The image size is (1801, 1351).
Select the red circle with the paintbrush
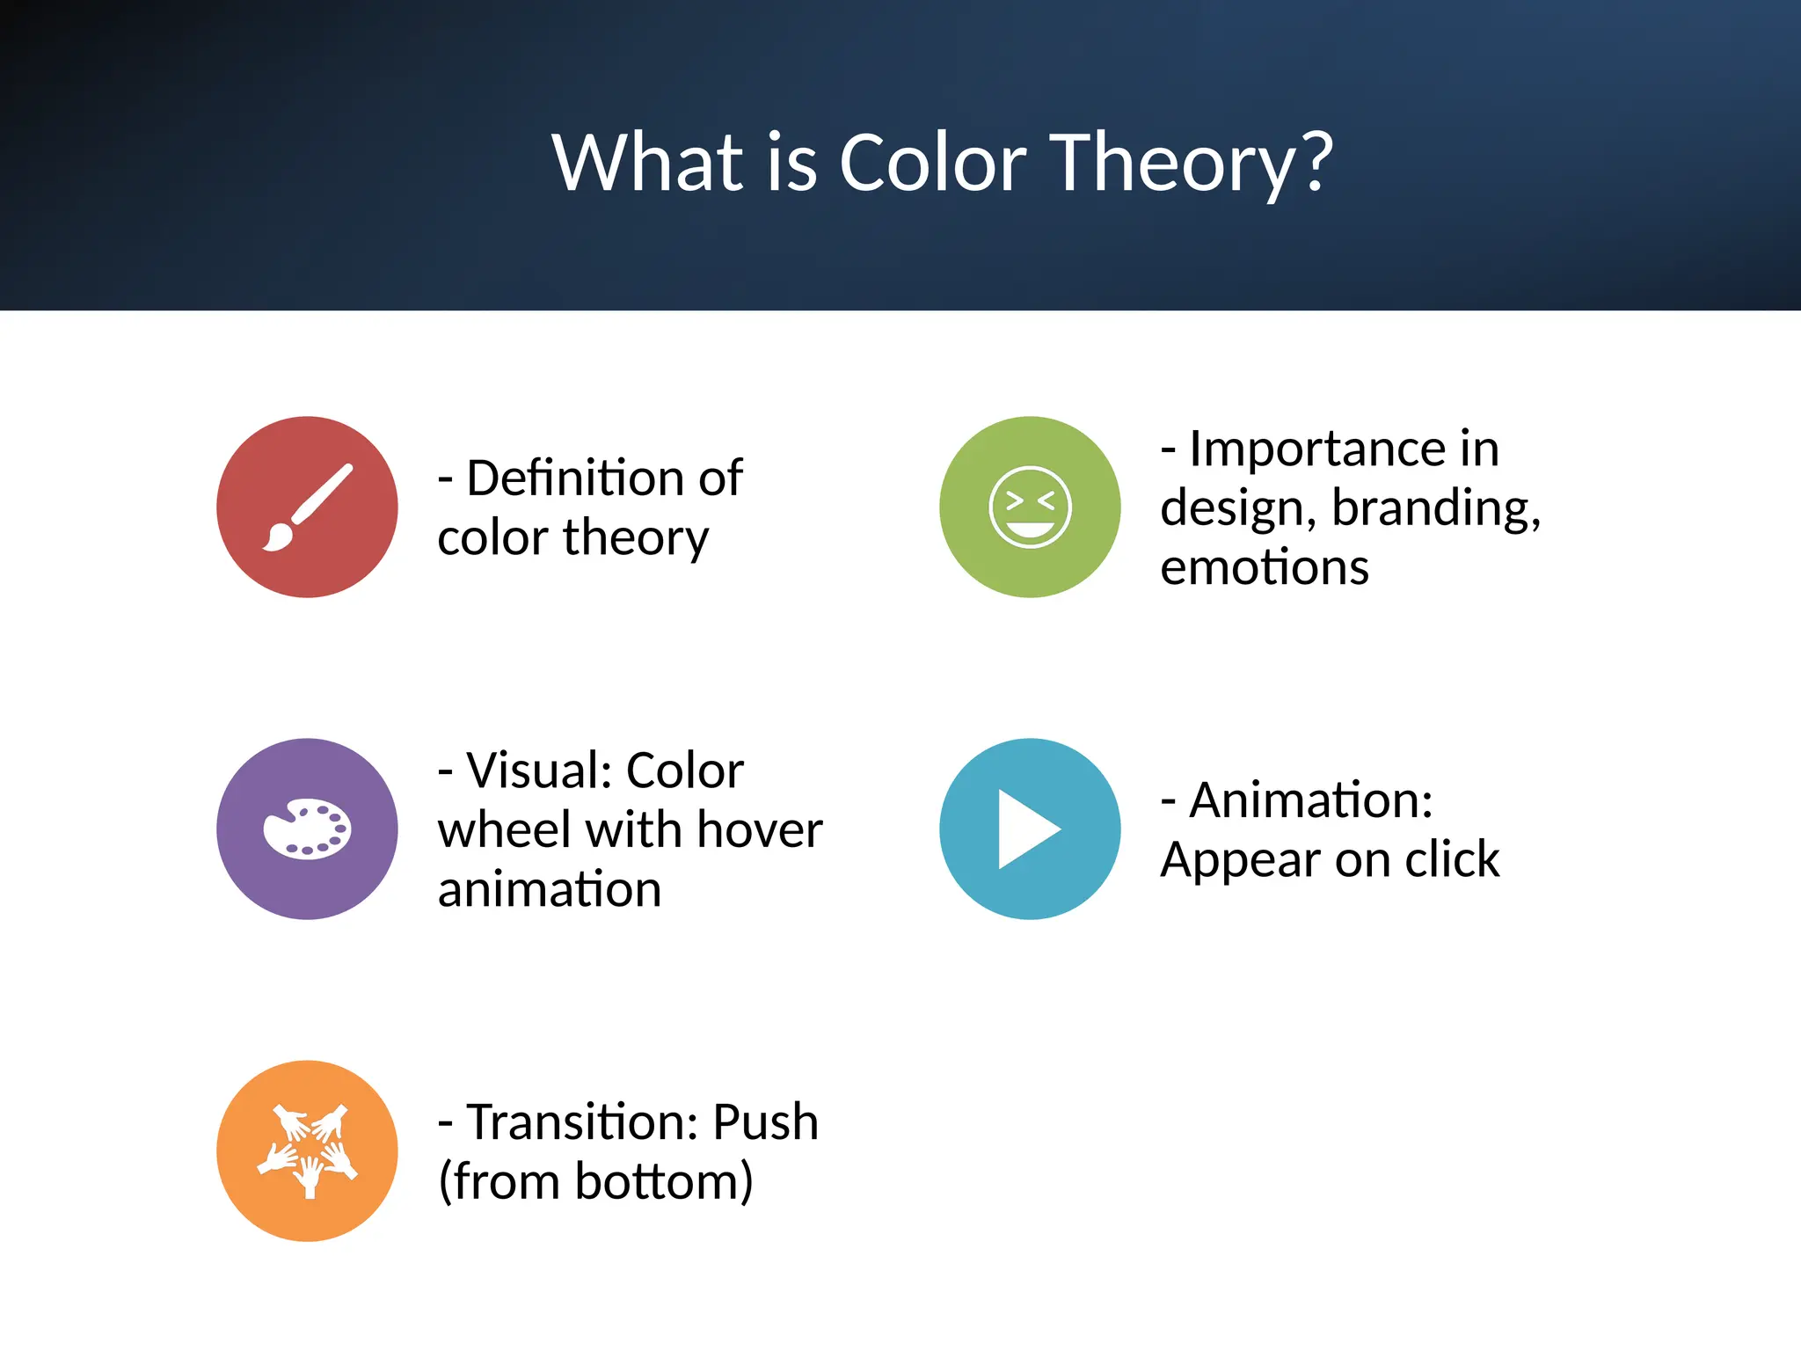coord(307,507)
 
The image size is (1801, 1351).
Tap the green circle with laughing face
coord(1030,507)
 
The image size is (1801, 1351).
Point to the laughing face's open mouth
coord(1030,529)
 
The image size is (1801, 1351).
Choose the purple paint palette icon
coord(307,829)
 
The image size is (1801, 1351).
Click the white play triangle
coord(1025,829)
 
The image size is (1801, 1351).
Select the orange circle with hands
coord(307,1150)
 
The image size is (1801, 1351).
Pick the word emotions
coord(1264,568)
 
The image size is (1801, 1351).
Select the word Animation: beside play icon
coord(1310,800)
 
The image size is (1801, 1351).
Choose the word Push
coord(765,1122)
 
